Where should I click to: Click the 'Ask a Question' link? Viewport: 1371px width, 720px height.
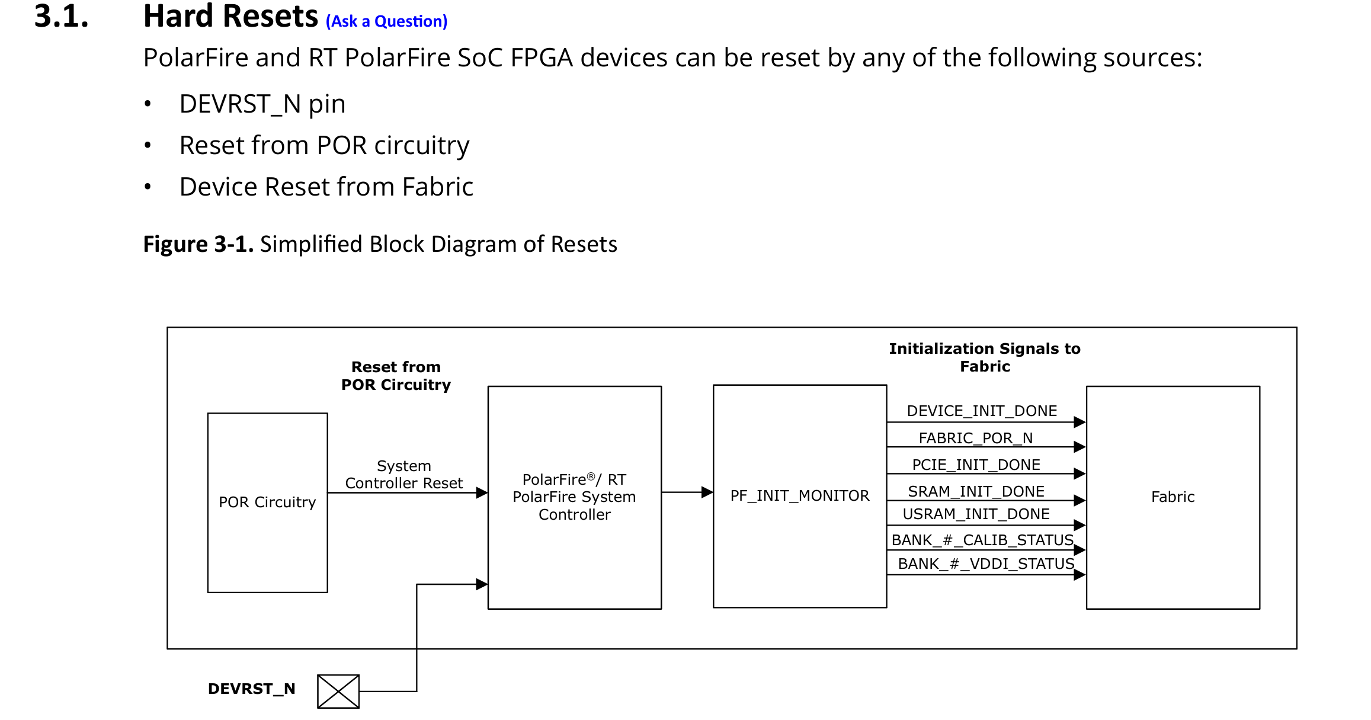click(386, 21)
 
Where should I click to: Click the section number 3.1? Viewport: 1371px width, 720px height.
click(61, 16)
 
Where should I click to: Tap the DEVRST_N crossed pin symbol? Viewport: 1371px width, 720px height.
click(338, 691)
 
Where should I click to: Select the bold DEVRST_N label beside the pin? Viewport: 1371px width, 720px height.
click(251, 689)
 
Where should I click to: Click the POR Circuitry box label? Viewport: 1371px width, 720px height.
click(267, 502)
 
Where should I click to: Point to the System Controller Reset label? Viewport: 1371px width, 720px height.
click(403, 475)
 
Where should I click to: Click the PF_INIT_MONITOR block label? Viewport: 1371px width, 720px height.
click(799, 495)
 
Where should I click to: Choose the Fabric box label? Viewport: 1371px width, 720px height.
click(1173, 497)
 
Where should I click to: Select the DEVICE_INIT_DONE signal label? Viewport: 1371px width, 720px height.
click(982, 411)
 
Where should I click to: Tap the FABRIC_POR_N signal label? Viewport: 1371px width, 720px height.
click(975, 438)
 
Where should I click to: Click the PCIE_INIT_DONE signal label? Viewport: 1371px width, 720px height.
click(976, 465)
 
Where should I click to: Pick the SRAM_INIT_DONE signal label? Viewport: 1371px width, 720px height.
click(976, 491)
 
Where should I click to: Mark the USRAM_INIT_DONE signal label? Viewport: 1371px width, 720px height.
click(976, 514)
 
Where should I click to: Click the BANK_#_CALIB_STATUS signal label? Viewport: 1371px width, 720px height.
click(982, 540)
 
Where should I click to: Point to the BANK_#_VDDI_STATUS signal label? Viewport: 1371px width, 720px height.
click(986, 564)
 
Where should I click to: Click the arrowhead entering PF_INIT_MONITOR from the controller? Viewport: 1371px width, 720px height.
click(707, 492)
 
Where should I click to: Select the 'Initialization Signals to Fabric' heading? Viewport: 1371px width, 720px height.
click(984, 357)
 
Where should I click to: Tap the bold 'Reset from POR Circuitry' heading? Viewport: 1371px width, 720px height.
click(396, 376)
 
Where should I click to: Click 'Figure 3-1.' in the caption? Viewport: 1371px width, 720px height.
click(198, 244)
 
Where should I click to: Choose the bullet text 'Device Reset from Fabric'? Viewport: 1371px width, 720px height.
click(326, 187)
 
